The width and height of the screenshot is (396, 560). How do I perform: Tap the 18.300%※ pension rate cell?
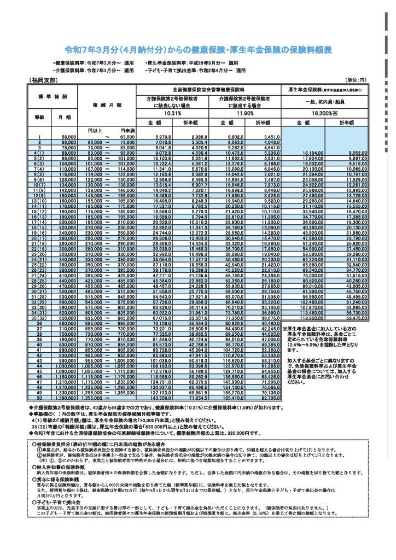click(323, 113)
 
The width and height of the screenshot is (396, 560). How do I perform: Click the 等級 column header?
click(40, 117)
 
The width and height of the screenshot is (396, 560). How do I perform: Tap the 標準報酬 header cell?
click(54, 96)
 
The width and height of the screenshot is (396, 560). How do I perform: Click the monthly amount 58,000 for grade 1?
click(68, 136)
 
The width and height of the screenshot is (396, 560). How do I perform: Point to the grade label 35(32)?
click(40, 318)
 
